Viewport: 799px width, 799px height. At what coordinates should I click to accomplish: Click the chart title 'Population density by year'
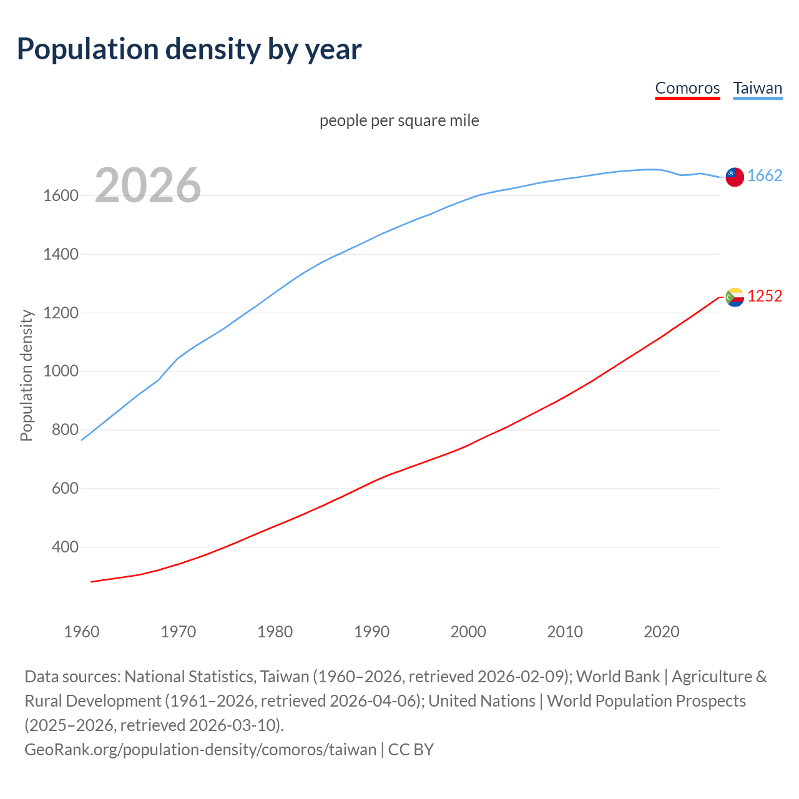[189, 49]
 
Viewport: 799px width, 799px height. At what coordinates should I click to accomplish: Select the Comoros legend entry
[687, 88]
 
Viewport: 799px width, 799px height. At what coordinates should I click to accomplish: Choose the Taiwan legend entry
[757, 88]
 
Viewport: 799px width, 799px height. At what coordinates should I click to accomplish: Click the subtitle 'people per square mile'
[399, 120]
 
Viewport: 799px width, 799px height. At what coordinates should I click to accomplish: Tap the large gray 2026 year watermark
[148, 185]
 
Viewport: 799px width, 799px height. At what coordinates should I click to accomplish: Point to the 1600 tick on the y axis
[61, 196]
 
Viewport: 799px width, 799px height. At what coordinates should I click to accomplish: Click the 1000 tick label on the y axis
[61, 371]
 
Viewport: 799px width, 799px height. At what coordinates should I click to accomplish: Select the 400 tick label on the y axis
[65, 547]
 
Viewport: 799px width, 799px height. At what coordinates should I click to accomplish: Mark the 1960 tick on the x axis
[82, 632]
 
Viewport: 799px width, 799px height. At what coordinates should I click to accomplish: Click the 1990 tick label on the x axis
[371, 632]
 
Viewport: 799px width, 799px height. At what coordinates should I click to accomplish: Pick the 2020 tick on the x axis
[661, 632]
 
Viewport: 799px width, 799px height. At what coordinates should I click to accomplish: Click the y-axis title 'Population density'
[26, 376]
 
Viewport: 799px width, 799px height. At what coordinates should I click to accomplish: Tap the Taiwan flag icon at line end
[735, 177]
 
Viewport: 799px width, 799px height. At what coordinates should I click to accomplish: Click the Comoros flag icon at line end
[735, 297]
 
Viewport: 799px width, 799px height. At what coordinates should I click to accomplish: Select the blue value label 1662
[765, 176]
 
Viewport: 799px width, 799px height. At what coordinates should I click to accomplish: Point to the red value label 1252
[765, 297]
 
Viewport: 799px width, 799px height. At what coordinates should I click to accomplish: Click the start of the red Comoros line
[92, 582]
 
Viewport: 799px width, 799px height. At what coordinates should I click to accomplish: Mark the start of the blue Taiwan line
[82, 440]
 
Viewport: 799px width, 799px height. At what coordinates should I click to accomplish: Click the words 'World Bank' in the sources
[618, 677]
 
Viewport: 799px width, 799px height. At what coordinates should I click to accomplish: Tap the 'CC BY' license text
[411, 750]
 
